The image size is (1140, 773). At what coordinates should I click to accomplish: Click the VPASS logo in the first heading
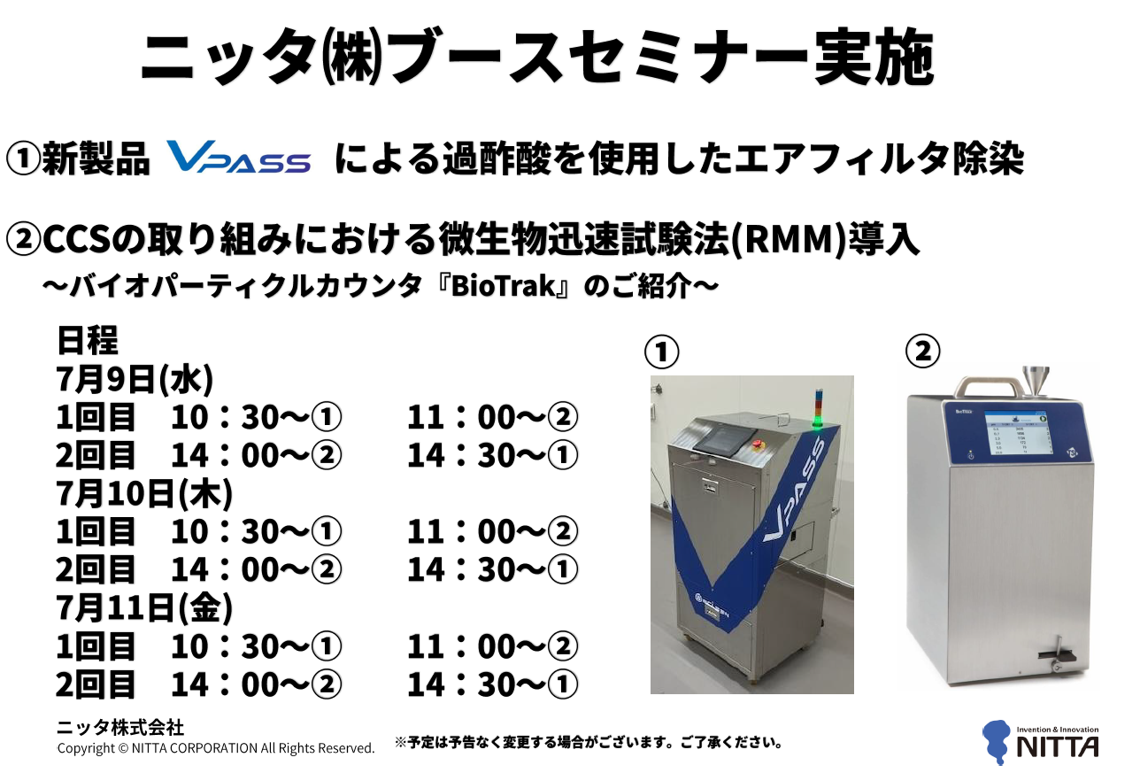(238, 157)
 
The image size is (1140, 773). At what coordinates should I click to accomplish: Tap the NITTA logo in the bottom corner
(1040, 742)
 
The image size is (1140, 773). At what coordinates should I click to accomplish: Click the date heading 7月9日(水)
(135, 379)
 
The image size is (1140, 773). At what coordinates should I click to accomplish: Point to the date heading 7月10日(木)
(144, 493)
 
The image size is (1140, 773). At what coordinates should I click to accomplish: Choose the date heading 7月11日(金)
(144, 608)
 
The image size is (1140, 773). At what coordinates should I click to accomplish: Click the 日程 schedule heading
(88, 340)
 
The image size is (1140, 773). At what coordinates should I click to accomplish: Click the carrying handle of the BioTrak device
(990, 385)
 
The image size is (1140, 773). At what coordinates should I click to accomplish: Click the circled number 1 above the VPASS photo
(662, 352)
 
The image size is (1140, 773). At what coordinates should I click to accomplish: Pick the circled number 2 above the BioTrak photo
(922, 351)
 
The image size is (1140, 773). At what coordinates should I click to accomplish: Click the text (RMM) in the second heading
(789, 239)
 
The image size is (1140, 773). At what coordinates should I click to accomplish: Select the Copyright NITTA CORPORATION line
(216, 748)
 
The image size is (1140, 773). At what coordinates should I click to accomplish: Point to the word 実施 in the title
(874, 58)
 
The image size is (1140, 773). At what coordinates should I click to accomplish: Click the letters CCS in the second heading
(77, 239)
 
